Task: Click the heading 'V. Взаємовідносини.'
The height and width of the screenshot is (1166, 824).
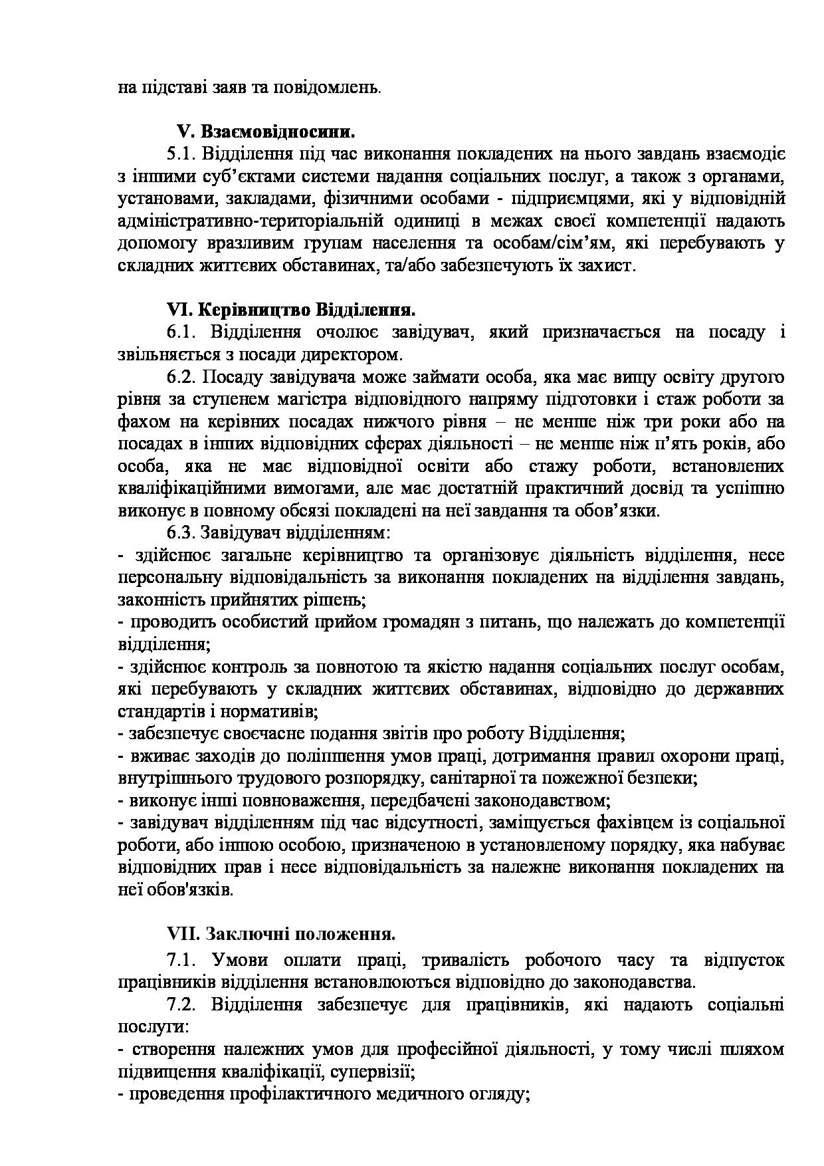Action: [x=265, y=131]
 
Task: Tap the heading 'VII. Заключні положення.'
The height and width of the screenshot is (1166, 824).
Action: [x=281, y=934]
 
